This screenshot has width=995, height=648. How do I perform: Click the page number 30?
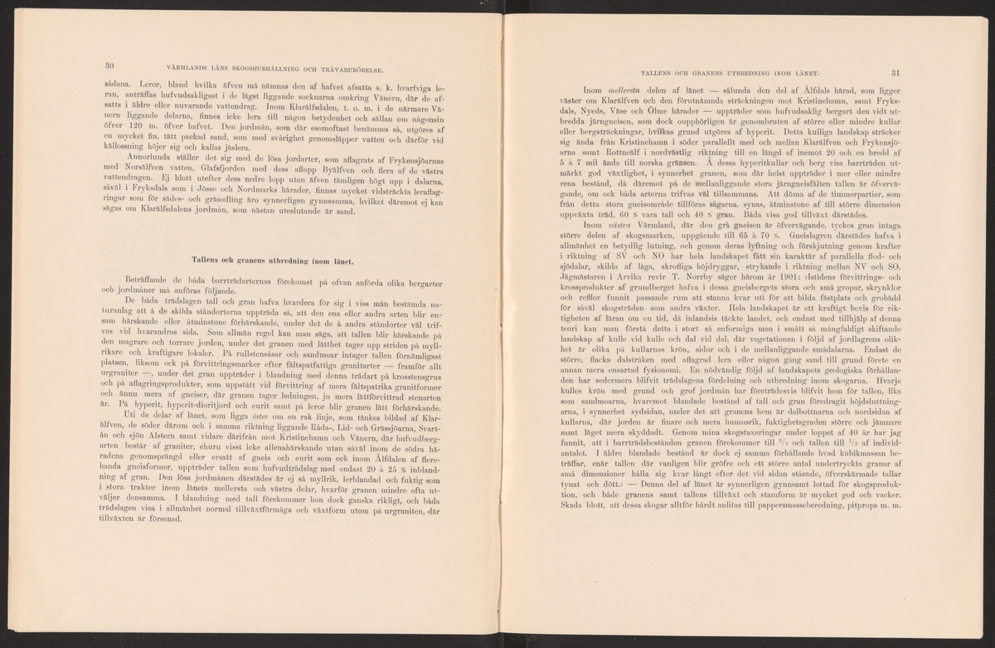pyautogui.click(x=109, y=66)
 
